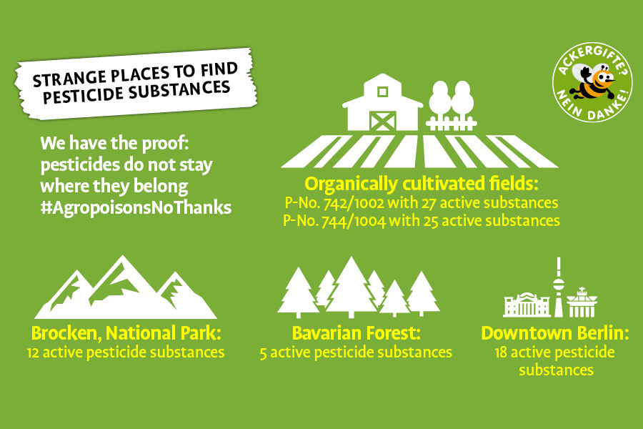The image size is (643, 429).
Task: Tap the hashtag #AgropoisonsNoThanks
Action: click(x=136, y=208)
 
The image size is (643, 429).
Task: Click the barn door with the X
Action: click(x=382, y=121)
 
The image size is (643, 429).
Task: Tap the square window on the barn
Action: click(x=383, y=92)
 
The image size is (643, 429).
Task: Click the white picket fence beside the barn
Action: click(x=451, y=123)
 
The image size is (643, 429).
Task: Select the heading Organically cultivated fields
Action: click(x=421, y=184)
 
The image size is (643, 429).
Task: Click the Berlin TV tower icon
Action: click(x=559, y=287)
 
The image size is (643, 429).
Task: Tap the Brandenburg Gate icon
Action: click(x=582, y=302)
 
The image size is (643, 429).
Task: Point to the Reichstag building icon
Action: click(x=527, y=305)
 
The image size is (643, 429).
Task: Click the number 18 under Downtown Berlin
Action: click(x=501, y=352)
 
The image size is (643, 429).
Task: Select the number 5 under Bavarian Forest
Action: click(x=263, y=353)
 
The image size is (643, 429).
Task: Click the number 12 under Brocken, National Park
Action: click(x=33, y=352)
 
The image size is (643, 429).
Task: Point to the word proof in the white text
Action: click(x=165, y=144)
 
